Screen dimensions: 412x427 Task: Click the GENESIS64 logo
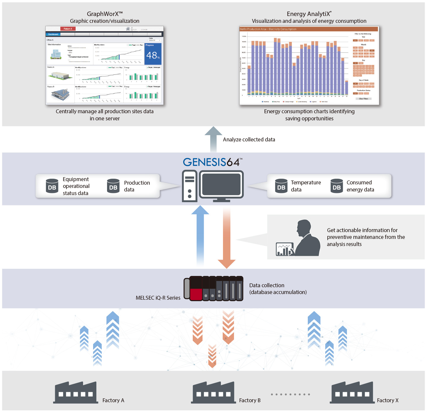tap(212, 162)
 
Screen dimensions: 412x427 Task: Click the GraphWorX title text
tap(105, 14)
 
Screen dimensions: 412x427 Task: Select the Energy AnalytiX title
tap(309, 14)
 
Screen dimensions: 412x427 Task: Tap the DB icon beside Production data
tap(113, 186)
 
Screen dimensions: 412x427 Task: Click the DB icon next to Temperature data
tap(281, 186)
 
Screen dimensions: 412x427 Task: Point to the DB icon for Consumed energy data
tap(337, 186)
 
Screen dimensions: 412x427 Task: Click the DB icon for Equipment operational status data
tap(52, 186)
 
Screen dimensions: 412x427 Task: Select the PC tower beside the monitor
tap(189, 186)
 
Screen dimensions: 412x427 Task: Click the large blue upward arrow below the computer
tap(200, 234)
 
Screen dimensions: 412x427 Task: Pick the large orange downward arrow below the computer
tap(227, 237)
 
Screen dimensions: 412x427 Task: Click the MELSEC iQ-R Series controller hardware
tap(213, 288)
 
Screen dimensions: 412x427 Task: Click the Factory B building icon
tap(213, 393)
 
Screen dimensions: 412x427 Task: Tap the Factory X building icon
tap(352, 393)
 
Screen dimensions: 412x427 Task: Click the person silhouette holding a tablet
tap(305, 239)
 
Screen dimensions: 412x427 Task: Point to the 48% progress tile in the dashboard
tap(153, 54)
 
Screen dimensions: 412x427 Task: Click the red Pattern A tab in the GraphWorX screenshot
tap(68, 29)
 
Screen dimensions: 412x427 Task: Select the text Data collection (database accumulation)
tap(278, 289)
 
